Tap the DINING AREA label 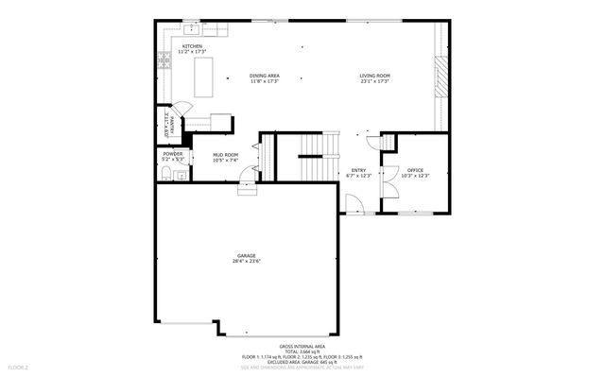pos(264,76)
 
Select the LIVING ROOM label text pos(374,76)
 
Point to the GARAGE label pos(246,256)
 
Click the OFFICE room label pos(415,170)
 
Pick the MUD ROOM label pos(225,155)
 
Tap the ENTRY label pos(358,170)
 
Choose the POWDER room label pos(172,154)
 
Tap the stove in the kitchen pos(162,65)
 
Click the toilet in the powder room pos(163,171)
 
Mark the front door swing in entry pos(353,203)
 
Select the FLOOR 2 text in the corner pos(19,366)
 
